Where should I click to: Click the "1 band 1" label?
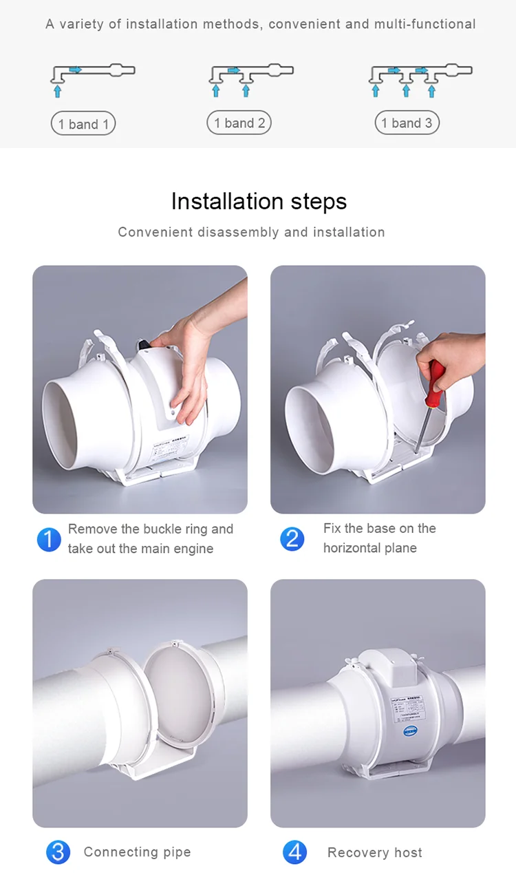click(x=83, y=124)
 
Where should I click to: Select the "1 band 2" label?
click(x=239, y=123)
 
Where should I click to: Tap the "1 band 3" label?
click(x=407, y=123)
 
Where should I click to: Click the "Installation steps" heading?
click(x=259, y=201)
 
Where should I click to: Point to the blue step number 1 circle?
click(x=49, y=539)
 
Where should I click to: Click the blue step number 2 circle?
click(x=292, y=538)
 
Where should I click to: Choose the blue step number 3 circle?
click(x=58, y=852)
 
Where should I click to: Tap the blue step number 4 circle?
click(x=294, y=852)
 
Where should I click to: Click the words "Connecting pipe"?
click(x=137, y=852)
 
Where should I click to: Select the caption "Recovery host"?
click(x=374, y=853)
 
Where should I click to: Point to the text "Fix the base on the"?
click(x=379, y=529)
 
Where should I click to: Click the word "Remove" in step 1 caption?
click(x=93, y=529)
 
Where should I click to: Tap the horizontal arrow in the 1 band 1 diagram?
click(x=75, y=70)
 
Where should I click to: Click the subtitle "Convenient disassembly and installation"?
click(x=251, y=232)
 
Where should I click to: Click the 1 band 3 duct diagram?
click(x=420, y=78)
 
